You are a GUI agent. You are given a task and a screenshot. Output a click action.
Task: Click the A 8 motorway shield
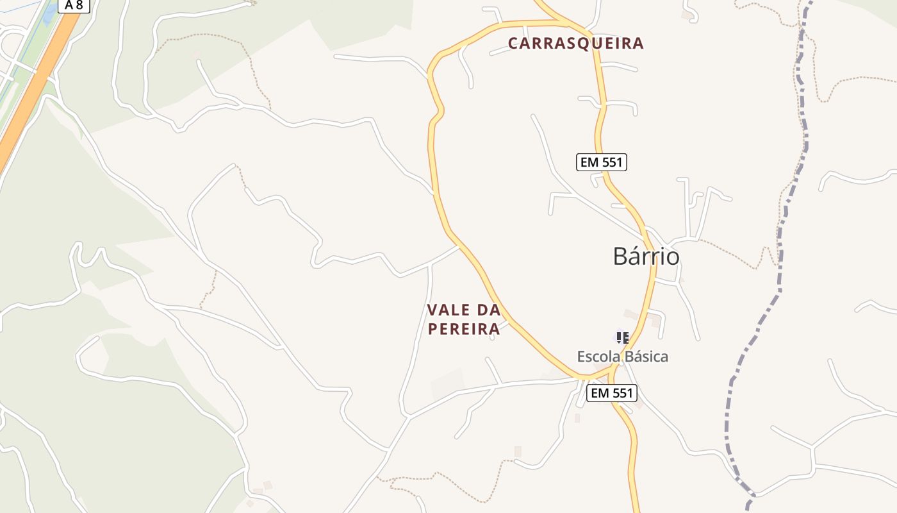click(74, 5)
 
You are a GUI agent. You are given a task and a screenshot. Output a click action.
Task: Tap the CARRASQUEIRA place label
click(575, 44)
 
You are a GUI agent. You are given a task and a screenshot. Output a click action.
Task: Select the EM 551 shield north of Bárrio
click(601, 162)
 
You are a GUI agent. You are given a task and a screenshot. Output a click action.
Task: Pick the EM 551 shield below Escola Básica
click(612, 393)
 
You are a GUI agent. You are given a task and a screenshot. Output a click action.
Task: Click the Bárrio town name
click(646, 256)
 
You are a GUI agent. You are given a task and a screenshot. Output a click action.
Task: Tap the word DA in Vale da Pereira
click(488, 310)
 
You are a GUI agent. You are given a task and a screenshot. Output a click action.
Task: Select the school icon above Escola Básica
click(621, 337)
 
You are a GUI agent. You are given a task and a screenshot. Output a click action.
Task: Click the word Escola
click(595, 357)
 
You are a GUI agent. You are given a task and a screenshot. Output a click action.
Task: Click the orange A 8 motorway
click(32, 90)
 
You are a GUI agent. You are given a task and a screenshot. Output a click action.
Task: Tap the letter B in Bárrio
click(621, 256)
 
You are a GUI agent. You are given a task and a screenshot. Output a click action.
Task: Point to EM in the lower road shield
click(599, 393)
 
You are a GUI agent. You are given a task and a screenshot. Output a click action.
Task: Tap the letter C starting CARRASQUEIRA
click(513, 44)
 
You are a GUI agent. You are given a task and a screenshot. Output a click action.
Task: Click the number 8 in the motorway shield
click(79, 5)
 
